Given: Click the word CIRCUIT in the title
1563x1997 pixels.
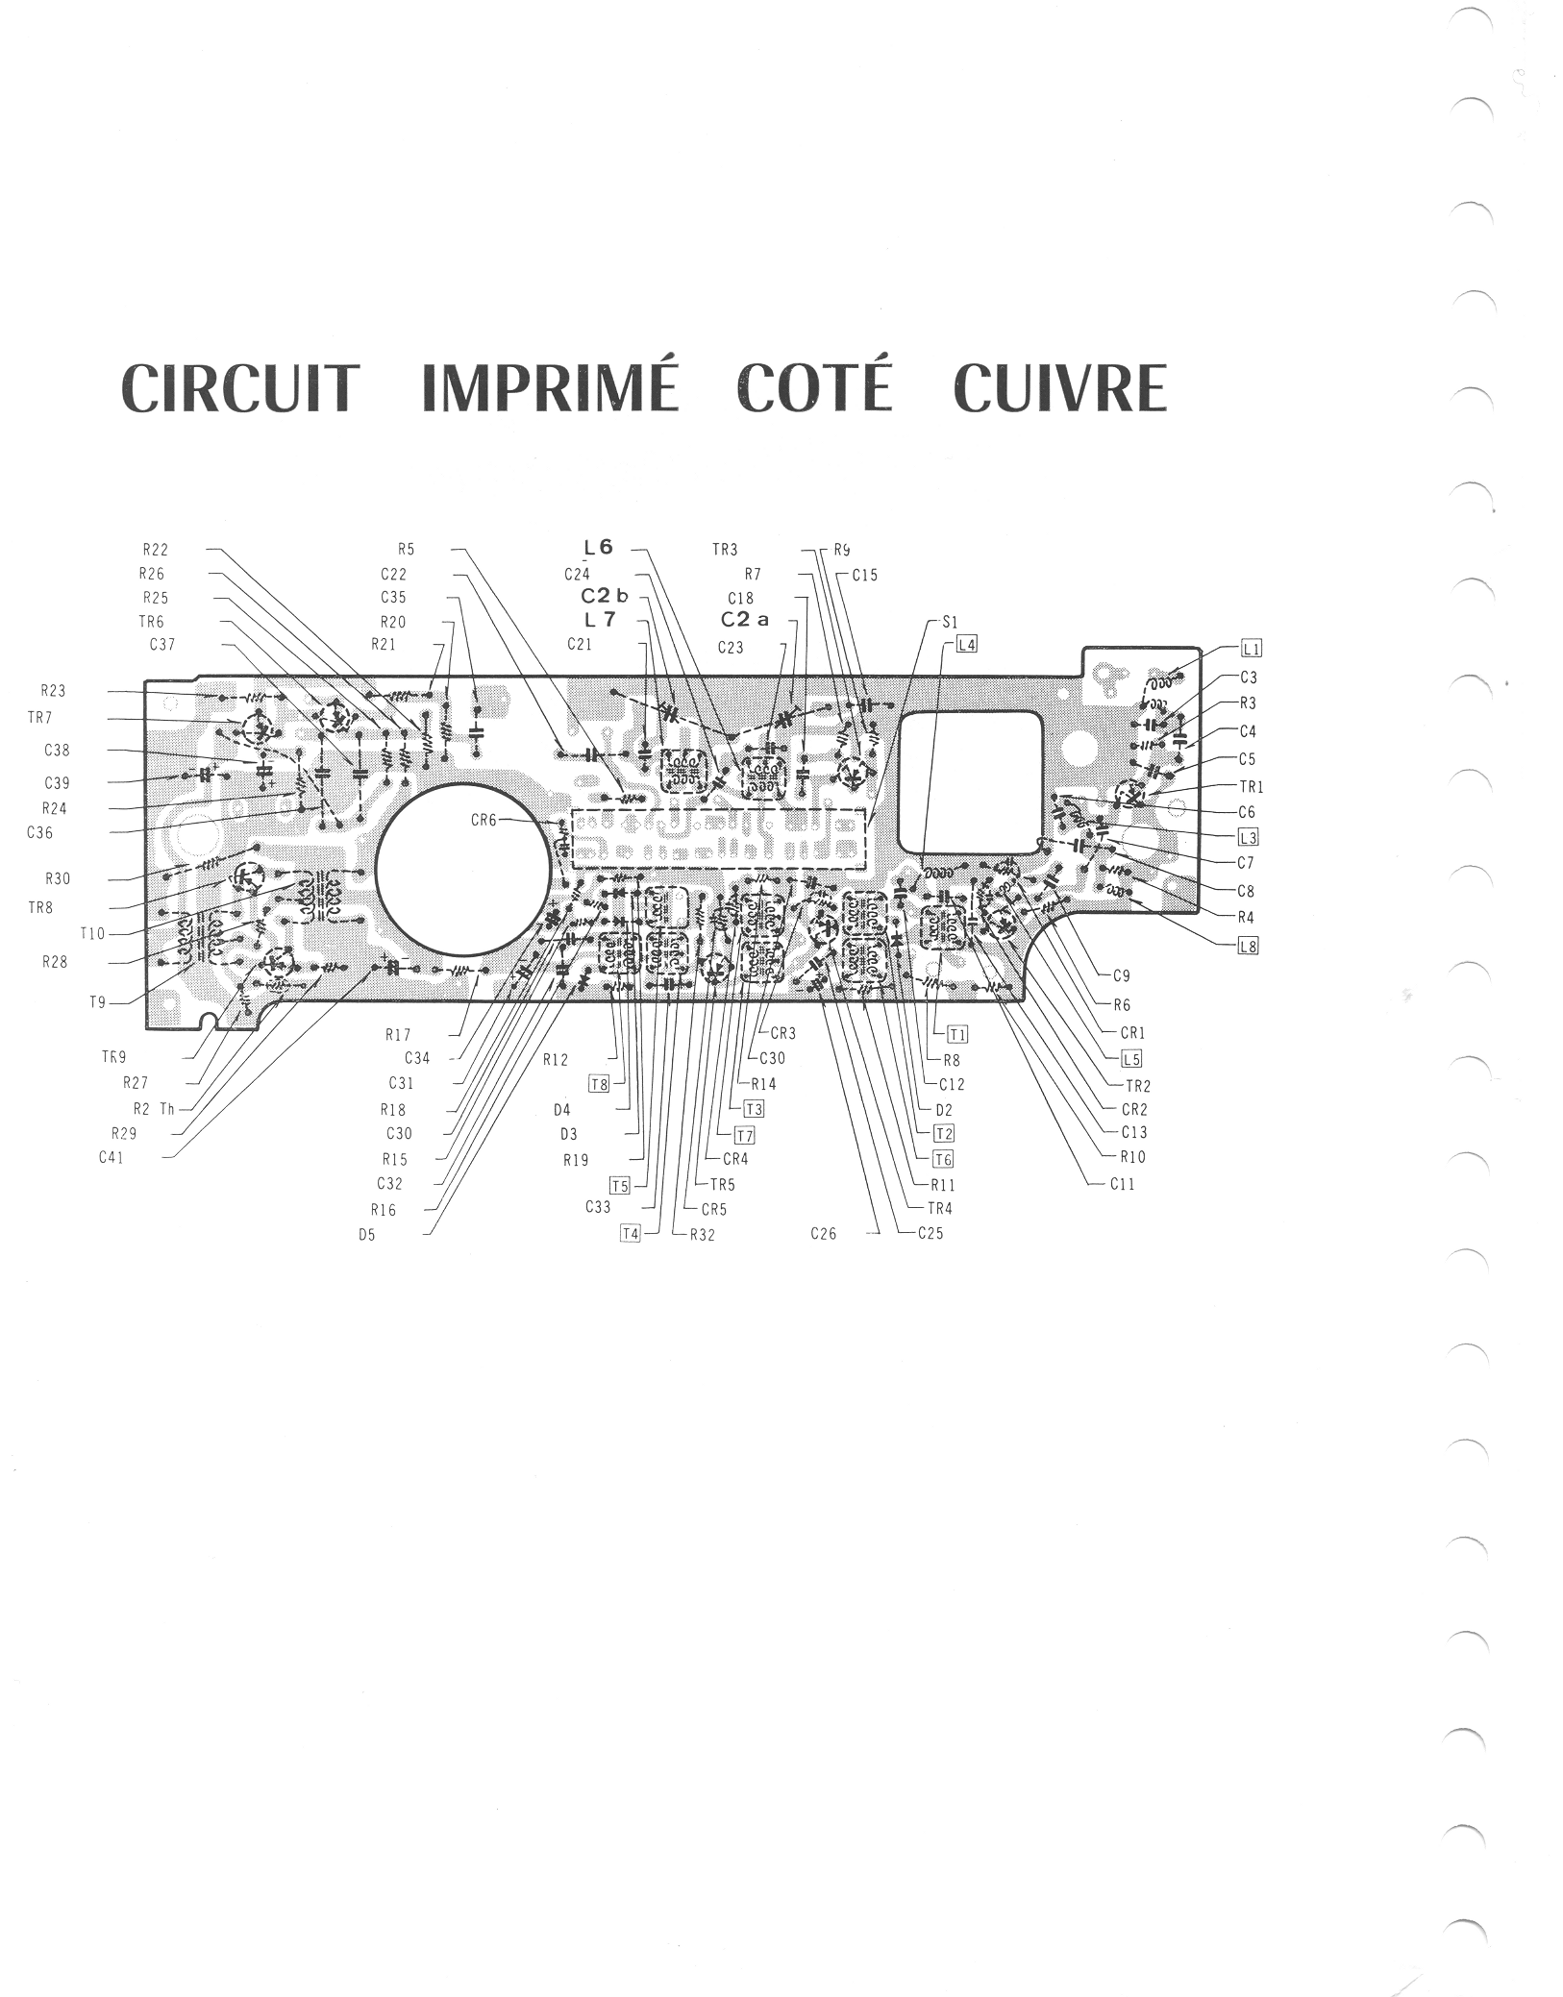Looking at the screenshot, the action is click(239, 388).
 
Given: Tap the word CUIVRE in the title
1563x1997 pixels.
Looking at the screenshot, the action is click(1060, 388).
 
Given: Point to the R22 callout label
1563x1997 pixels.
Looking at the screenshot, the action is click(155, 551).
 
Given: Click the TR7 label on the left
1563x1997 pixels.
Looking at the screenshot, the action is click(40, 718).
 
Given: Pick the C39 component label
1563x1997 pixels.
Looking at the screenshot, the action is click(57, 783).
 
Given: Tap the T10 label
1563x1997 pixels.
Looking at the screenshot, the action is click(92, 934).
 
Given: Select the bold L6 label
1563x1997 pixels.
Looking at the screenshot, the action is click(598, 548).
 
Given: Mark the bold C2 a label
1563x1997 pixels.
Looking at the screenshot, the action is click(745, 620).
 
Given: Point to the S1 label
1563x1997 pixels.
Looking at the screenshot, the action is click(950, 623).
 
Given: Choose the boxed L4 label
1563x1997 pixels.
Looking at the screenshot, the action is click(966, 645).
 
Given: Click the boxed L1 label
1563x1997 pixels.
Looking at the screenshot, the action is click(1253, 648).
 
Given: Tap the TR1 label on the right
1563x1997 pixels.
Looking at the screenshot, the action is click(1252, 787).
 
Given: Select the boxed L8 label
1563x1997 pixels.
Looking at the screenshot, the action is click(1248, 946).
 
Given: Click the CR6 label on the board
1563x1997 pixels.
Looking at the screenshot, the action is click(484, 821).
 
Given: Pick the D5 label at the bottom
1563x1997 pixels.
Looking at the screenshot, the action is click(366, 1235).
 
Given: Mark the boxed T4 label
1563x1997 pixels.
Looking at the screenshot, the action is click(630, 1234).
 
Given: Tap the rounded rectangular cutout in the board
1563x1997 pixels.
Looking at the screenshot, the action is click(971, 780).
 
